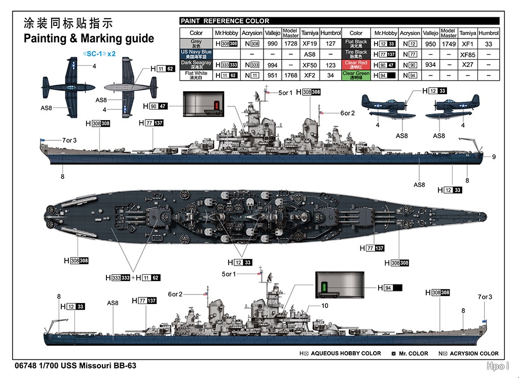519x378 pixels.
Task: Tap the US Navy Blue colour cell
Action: [x=196, y=54]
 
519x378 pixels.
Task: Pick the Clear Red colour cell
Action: [x=356, y=65]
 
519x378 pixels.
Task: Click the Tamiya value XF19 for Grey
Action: [x=309, y=44]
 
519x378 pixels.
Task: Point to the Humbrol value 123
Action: [x=330, y=65]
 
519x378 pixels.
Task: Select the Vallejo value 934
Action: [x=430, y=65]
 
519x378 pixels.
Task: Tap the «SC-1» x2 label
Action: [x=99, y=53]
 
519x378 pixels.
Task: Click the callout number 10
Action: [x=325, y=306]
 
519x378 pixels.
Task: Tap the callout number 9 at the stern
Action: [x=494, y=157]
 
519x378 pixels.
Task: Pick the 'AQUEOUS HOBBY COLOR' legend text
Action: [x=346, y=353]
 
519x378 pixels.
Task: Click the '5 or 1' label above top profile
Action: [x=285, y=93]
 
